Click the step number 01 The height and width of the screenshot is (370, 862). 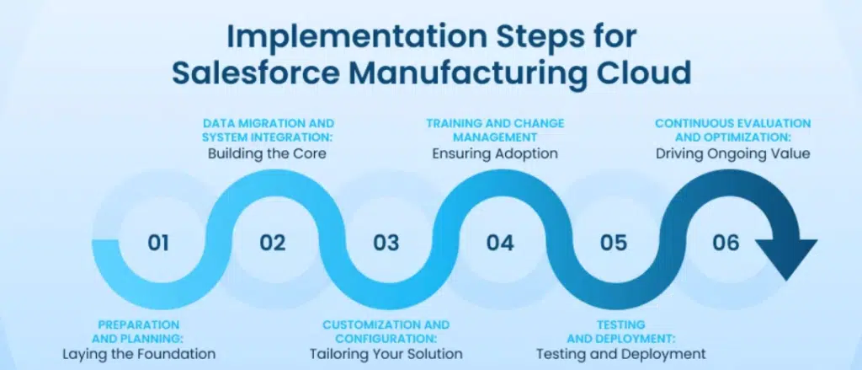tap(158, 243)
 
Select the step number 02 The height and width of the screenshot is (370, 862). tap(273, 243)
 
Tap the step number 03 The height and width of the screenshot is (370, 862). tap(386, 243)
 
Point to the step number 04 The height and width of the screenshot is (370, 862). tap(500, 243)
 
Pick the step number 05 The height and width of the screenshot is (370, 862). tap(613, 243)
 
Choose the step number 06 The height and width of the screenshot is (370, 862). tap(726, 243)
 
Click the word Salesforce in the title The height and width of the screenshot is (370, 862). tap(256, 73)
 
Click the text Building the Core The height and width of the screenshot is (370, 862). tap(267, 153)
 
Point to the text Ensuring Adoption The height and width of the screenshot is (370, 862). tap(495, 153)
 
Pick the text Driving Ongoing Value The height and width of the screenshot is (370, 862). tap(733, 153)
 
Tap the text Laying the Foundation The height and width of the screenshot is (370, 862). tap(139, 353)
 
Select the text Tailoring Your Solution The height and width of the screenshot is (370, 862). tap(386, 353)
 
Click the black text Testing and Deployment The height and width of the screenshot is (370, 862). tap(620, 353)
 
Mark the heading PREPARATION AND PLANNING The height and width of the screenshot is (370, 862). tap(139, 331)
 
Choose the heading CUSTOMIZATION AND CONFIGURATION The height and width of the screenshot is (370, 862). tap(386, 331)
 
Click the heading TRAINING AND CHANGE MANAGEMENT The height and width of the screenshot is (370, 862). tap(495, 130)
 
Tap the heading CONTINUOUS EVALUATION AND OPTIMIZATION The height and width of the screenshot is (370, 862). tap(733, 130)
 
